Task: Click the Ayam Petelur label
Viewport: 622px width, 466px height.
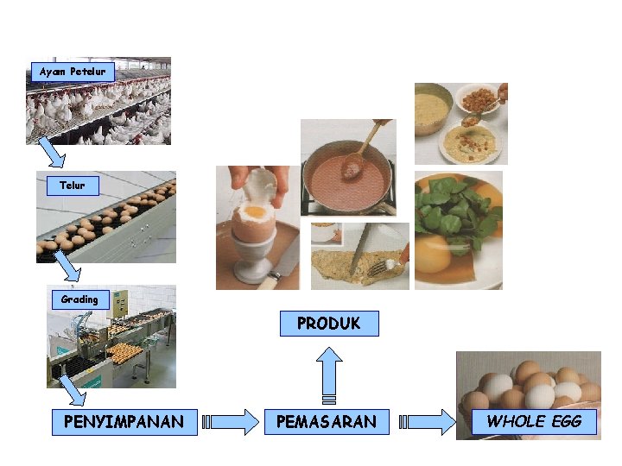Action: coord(73,72)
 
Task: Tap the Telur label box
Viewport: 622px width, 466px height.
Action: coord(73,185)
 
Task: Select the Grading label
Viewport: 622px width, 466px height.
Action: coord(79,299)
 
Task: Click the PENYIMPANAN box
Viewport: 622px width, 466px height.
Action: coord(124,422)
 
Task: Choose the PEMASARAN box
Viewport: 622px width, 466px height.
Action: coord(326,422)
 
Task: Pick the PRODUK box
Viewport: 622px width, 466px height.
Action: coord(329,324)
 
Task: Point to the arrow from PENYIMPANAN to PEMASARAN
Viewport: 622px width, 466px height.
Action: coord(231,422)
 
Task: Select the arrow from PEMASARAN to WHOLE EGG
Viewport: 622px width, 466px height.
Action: coord(429,422)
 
